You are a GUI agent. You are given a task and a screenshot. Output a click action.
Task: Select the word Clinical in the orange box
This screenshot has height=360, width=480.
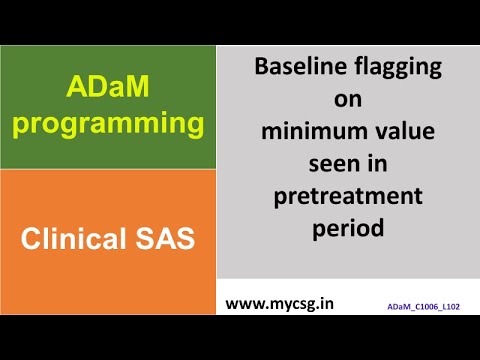76,239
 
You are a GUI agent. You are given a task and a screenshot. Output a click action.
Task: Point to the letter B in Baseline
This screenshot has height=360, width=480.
262,70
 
